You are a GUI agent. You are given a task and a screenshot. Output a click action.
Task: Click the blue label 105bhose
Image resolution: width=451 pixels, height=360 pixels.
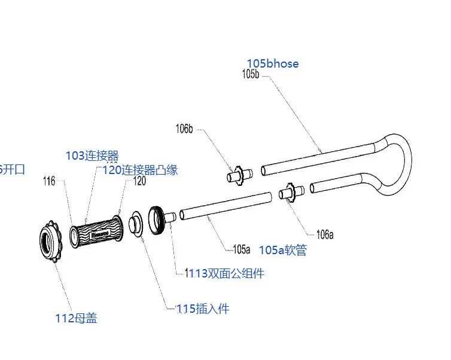pos(272,63)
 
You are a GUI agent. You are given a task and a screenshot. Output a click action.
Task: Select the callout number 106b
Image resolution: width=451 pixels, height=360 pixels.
pos(184,129)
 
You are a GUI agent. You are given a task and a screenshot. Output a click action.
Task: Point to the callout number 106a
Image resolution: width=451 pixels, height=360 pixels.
pos(325,234)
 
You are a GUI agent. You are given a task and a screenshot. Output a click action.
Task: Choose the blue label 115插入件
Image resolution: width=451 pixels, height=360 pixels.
pos(205,309)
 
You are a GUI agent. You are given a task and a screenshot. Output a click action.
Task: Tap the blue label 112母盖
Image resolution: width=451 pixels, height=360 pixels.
pos(76,319)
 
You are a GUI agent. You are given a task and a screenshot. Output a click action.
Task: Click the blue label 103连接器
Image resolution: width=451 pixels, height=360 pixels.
pos(92,156)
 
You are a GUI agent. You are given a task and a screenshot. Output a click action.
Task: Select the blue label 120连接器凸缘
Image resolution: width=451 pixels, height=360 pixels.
pos(140,170)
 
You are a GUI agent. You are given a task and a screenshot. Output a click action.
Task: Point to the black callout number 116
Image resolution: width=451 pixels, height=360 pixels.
pos(49,181)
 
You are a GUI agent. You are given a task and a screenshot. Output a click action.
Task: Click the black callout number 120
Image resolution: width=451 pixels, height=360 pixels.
pos(139,181)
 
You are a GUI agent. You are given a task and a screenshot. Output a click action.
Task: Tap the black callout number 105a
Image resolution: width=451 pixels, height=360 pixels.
pos(242,249)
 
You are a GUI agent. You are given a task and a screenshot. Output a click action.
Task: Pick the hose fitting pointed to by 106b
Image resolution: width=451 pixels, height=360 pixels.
pos(239,175)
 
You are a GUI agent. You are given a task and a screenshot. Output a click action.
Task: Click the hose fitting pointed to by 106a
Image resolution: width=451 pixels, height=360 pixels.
pos(291,193)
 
